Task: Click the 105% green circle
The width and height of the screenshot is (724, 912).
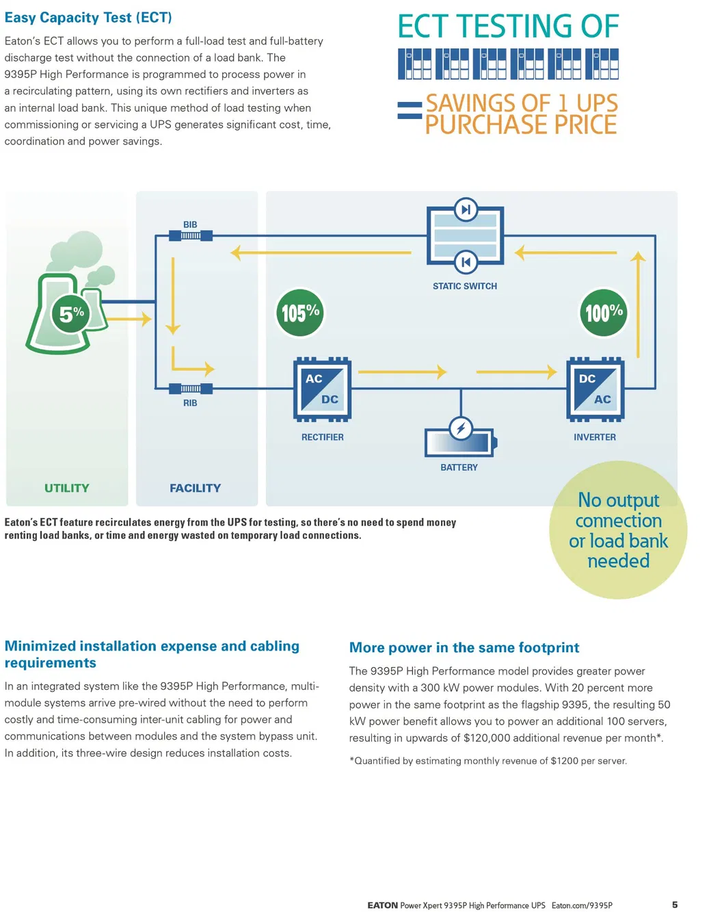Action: click(299, 313)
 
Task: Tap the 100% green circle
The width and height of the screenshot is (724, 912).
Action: click(604, 313)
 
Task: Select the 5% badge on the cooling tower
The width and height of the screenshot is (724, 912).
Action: click(71, 314)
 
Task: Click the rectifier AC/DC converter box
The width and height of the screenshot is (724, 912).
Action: click(322, 389)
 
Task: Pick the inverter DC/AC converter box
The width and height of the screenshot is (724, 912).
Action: click(595, 389)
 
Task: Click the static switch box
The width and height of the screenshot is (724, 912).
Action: click(465, 236)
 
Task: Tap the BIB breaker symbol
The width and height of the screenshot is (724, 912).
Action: click(191, 235)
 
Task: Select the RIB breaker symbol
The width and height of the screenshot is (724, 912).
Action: click(191, 389)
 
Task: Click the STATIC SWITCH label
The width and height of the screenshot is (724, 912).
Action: click(465, 286)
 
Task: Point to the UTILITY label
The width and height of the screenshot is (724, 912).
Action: click(67, 488)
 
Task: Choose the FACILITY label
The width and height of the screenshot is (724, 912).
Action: click(195, 488)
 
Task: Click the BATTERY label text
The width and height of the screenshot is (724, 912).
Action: click(459, 467)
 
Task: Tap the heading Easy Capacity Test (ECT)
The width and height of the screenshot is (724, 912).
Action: click(88, 18)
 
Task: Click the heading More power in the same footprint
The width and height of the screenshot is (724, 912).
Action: click(464, 647)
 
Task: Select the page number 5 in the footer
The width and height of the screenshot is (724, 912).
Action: click(675, 904)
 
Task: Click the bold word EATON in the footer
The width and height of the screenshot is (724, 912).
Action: click(382, 905)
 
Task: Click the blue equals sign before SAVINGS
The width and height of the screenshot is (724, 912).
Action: click(410, 111)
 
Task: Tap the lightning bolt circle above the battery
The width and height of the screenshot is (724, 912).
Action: click(461, 428)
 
